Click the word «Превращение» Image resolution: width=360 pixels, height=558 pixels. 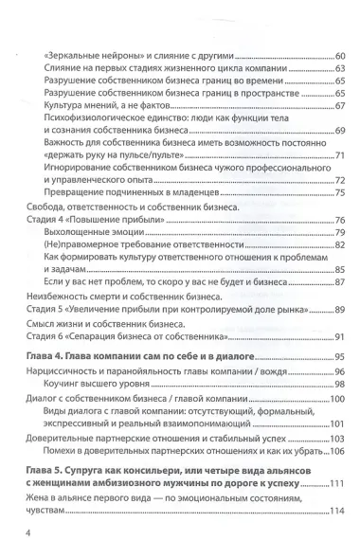click(75, 194)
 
